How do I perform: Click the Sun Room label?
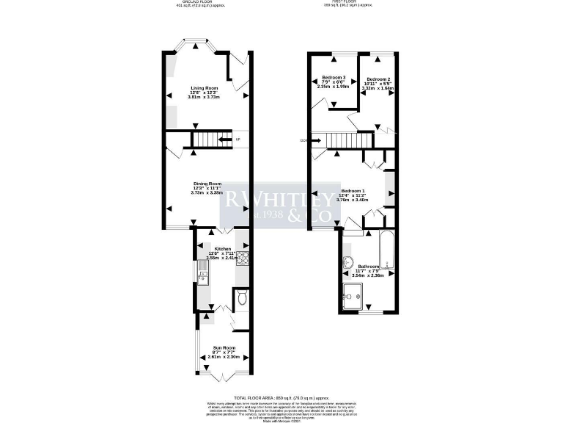tap(224, 347)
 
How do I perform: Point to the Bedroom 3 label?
tap(334, 78)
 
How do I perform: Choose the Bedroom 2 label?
tap(378, 79)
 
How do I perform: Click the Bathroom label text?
tap(368, 267)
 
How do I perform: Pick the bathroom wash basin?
tap(347, 264)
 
